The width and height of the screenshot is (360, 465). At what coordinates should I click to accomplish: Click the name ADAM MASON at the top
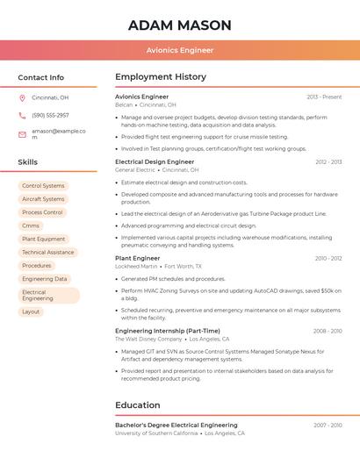[x=179, y=25]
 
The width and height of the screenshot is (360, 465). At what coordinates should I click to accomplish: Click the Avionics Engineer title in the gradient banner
[x=179, y=51]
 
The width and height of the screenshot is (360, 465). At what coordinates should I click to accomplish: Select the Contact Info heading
[x=40, y=77]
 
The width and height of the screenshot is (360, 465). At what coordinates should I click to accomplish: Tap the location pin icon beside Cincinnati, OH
[x=22, y=98]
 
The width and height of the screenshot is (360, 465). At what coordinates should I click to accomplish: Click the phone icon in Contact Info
[x=22, y=115]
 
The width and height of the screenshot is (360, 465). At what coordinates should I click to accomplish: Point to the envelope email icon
[x=22, y=134]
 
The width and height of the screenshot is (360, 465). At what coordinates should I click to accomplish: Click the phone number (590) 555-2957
[x=50, y=115]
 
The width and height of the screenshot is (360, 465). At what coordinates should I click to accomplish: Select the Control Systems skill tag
[x=43, y=186]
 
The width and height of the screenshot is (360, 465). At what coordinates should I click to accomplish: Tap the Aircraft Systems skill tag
[x=43, y=199]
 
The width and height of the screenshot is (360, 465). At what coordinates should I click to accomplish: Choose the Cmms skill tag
[x=31, y=225]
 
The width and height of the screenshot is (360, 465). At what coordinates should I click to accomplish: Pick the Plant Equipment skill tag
[x=44, y=239]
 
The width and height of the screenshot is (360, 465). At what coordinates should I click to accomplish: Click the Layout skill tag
[x=31, y=311]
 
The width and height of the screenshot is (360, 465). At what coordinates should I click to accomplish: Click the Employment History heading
[x=161, y=77]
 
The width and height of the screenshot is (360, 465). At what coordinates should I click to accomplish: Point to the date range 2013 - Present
[x=324, y=97]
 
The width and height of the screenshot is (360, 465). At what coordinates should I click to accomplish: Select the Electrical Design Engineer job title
[x=155, y=161]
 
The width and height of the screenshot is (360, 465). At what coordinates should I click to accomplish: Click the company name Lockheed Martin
[x=136, y=266]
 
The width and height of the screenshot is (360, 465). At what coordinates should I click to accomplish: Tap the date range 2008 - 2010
[x=327, y=331]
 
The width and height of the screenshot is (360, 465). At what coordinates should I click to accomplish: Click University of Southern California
[x=156, y=433]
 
